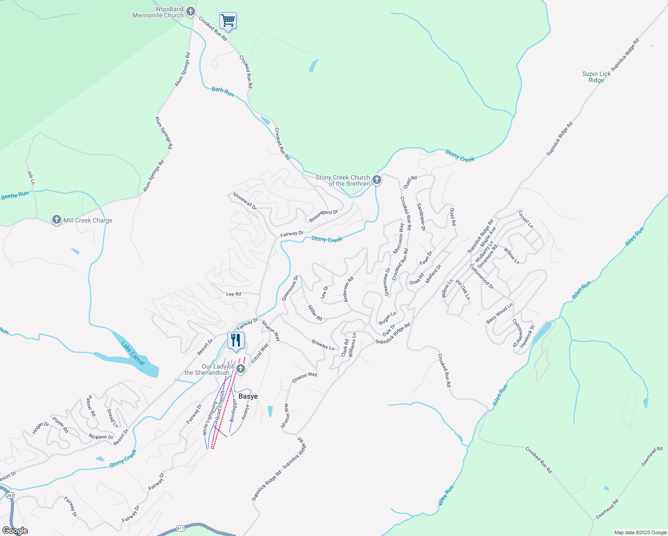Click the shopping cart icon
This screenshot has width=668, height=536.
pyautogui.click(x=228, y=21)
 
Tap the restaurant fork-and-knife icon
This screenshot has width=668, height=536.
pyautogui.click(x=235, y=340)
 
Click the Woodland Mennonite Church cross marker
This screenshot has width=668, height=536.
pyautogui.click(x=191, y=11)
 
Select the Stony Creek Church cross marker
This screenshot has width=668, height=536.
pyautogui.click(x=377, y=180)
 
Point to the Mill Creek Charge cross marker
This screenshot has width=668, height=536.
pyautogui.click(x=56, y=220)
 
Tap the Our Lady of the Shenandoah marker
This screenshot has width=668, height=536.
pyautogui.click(x=241, y=369)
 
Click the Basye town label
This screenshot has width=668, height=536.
pyautogui.click(x=248, y=396)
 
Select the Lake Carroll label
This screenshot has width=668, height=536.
pyautogui.click(x=133, y=353)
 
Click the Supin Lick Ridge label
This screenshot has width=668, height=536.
pyautogui.click(x=596, y=77)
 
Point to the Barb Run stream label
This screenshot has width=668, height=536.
pyautogui.click(x=222, y=92)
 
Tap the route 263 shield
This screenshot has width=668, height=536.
pyautogui.click(x=10, y=495)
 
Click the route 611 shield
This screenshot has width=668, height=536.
pyautogui.click(x=180, y=528)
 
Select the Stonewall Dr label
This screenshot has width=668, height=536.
pyautogui.click(x=245, y=201)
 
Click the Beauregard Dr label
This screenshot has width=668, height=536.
pyautogui.click(x=323, y=216)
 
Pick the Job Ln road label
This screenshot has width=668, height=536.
pyautogui.click(x=31, y=178)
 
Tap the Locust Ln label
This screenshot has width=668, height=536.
pyautogui.click(x=526, y=219)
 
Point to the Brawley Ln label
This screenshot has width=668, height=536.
pyautogui.click(x=323, y=344)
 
